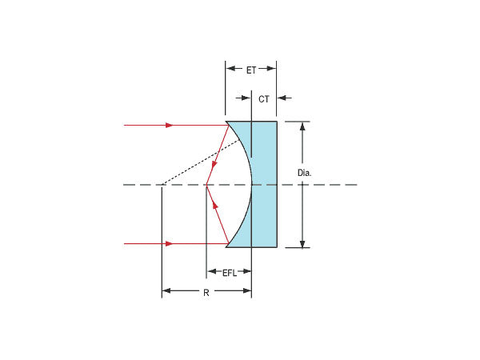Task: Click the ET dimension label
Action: (251, 70)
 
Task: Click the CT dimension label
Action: (264, 98)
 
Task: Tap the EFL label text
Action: (229, 273)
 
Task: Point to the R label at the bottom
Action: (206, 293)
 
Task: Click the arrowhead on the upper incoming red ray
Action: (169, 125)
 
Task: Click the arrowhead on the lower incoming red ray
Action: (169, 243)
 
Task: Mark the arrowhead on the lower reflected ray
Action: (214, 202)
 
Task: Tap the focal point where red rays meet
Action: (206, 185)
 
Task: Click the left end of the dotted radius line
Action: (162, 185)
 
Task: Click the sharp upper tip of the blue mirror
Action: (226, 122)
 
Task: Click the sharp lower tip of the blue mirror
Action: (226, 246)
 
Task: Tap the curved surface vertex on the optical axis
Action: (251, 185)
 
